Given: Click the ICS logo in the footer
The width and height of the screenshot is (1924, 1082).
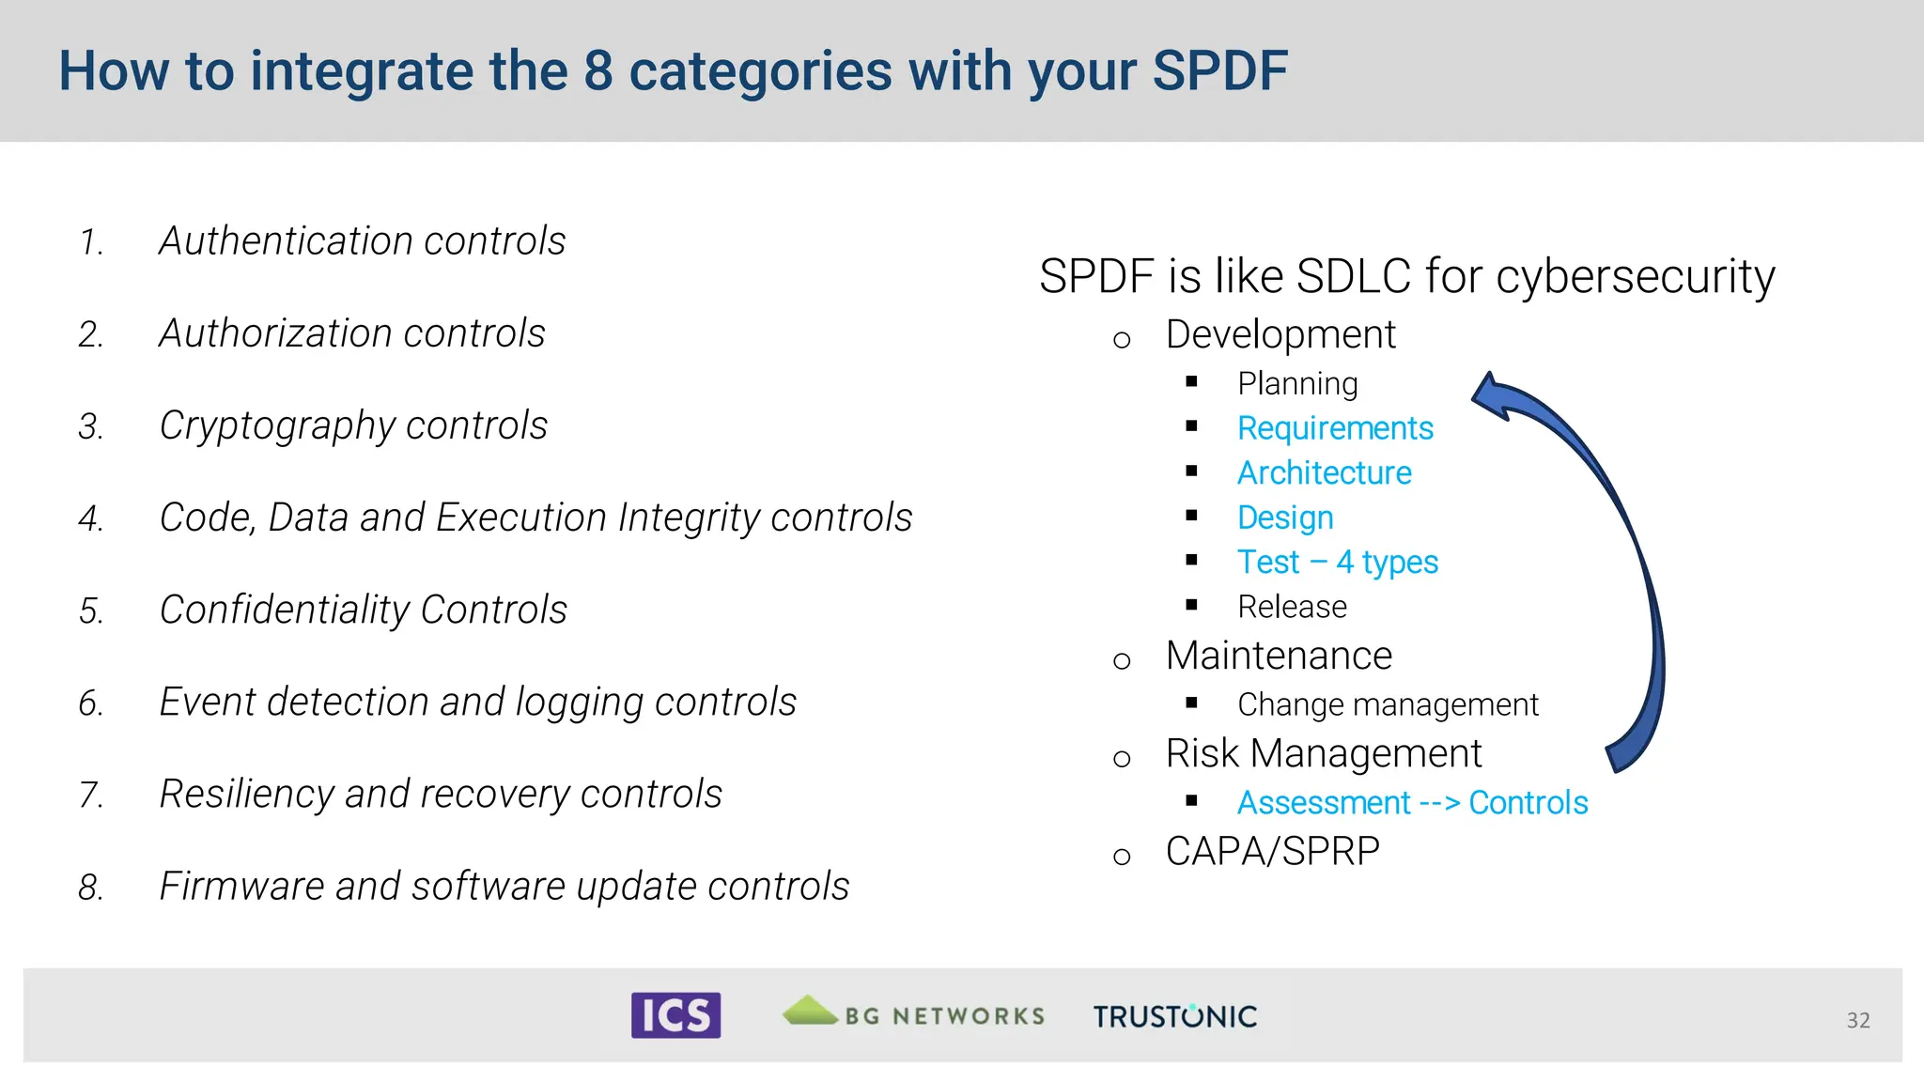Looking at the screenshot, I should [x=675, y=1015].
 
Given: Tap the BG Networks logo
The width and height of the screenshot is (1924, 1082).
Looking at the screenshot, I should [x=913, y=1013].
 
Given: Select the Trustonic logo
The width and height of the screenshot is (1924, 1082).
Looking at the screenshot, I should [x=1174, y=1016].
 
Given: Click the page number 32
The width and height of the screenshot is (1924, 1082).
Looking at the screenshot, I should [x=1857, y=1021].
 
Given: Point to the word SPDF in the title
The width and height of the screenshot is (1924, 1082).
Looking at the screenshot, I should [x=1219, y=71].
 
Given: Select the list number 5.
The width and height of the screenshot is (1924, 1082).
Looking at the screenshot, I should [x=90, y=611].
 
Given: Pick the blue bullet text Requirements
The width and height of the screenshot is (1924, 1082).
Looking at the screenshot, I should [x=1334, y=428].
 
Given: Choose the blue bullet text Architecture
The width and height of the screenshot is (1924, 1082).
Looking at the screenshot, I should [x=1324, y=473].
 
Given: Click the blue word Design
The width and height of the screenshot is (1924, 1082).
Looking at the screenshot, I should [x=1284, y=518].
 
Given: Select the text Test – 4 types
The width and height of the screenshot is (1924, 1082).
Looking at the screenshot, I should [x=1337, y=563].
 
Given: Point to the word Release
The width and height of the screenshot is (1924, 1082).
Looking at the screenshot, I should [x=1292, y=608].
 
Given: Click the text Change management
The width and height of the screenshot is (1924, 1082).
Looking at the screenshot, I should [x=1387, y=704].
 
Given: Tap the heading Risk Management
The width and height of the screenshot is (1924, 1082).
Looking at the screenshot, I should [x=1323, y=753].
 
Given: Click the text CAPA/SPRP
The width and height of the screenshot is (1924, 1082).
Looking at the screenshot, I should [x=1272, y=852].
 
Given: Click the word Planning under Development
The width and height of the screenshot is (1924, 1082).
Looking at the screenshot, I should [x=1296, y=384].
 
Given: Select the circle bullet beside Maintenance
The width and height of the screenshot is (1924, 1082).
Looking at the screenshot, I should [x=1121, y=661].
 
